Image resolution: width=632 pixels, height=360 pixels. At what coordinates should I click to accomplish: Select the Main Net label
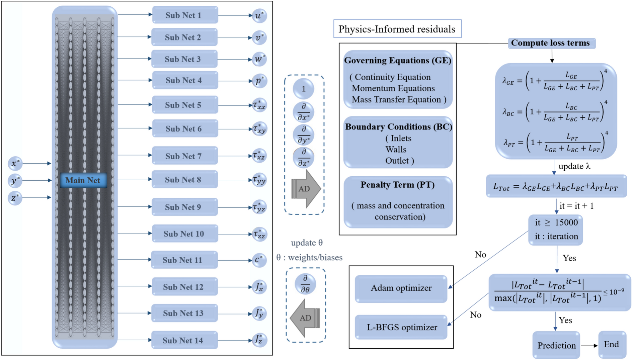click(83, 180)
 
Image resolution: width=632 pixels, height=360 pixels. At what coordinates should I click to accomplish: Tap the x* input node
click(15, 163)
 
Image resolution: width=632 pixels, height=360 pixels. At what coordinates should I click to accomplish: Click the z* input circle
click(15, 198)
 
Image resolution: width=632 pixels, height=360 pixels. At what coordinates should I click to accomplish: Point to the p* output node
click(259, 81)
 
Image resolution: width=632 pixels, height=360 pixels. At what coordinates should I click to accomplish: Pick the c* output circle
click(259, 260)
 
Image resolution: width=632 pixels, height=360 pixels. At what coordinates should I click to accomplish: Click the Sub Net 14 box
click(184, 340)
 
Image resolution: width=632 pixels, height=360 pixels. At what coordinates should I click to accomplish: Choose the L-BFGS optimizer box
click(401, 327)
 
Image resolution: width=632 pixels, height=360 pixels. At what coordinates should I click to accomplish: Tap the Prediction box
click(556, 345)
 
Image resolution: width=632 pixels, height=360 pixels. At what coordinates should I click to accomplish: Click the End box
click(612, 345)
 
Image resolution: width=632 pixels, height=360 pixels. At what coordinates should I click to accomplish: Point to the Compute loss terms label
click(551, 43)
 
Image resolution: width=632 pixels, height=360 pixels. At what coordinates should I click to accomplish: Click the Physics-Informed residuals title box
click(397, 29)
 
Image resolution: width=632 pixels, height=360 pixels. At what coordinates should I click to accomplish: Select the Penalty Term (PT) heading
click(397, 185)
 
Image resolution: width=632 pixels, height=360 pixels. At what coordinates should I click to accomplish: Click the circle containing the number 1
click(303, 89)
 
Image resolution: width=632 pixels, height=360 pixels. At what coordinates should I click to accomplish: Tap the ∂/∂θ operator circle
click(305, 284)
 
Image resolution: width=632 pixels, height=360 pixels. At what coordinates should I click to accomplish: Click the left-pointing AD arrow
click(305, 318)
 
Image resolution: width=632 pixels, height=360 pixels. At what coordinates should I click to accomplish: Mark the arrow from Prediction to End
click(589, 345)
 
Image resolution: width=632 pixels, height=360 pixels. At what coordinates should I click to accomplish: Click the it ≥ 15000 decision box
click(556, 230)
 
